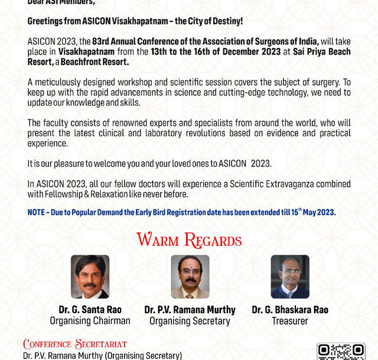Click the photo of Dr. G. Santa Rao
point(90,277)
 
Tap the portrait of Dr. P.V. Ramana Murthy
point(190,277)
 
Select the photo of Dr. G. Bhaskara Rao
point(290,277)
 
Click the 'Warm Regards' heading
point(189,241)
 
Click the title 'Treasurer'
point(290,321)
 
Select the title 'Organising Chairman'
point(90,321)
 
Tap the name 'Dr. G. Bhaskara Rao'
point(290,310)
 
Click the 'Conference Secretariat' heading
point(75,344)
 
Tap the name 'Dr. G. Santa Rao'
point(90,310)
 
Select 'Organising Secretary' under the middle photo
point(190,321)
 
